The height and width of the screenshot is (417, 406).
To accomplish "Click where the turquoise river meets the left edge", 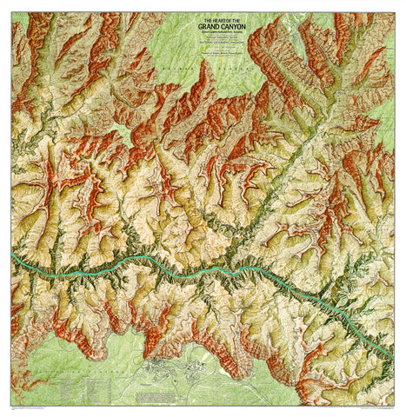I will [x=12, y=258].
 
